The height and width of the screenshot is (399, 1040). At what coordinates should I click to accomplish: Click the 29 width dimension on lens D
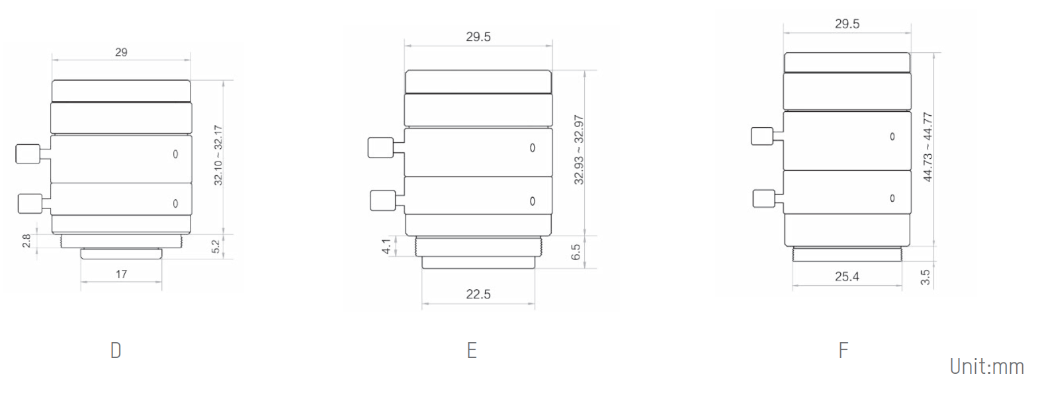[x=121, y=52]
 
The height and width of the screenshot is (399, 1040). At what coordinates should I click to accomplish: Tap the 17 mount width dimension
[x=121, y=275]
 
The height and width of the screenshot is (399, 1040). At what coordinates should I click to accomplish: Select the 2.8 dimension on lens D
[x=26, y=241]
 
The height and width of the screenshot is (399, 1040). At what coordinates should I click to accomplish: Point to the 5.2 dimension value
[x=216, y=247]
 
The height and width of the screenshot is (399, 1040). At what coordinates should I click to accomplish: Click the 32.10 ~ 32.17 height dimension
[x=218, y=155]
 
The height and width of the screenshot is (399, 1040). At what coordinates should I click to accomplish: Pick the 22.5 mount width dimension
[x=478, y=294]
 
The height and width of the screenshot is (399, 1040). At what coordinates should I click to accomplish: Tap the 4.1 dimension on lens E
[x=386, y=247]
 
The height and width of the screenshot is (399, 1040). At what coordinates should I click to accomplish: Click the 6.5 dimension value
[x=576, y=252]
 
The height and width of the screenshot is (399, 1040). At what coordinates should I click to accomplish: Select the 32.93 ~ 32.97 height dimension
[x=579, y=150]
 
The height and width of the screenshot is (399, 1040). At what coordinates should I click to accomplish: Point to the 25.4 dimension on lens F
[x=847, y=277]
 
